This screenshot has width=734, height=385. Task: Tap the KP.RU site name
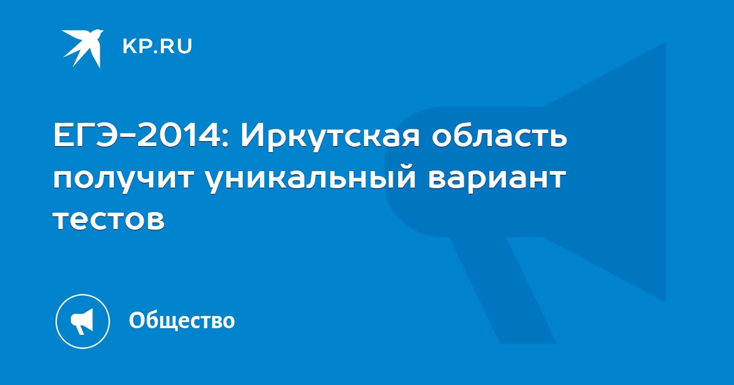pos(157,46)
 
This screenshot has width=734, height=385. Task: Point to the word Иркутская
pos(330,138)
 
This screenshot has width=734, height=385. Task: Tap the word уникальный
pos(313,178)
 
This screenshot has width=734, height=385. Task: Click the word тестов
pos(109,220)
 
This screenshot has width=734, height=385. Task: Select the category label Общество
pos(182,320)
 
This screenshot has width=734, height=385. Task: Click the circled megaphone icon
pos(83,321)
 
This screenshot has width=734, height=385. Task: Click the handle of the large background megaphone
pos(503,290)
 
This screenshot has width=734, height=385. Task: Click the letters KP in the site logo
pos(137,46)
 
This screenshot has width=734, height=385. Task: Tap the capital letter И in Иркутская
pos(251,136)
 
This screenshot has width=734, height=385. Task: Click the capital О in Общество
pos(136,320)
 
